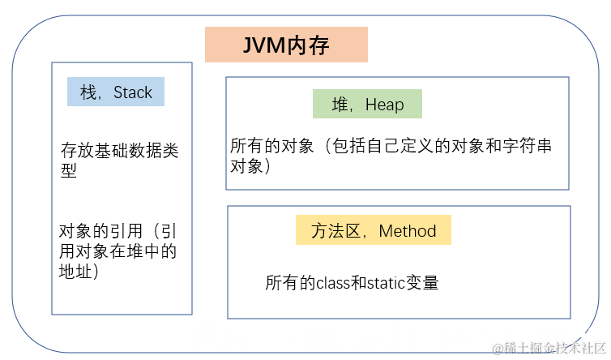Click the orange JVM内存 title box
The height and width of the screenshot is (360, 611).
286,45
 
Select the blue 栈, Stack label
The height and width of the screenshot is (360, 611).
116,92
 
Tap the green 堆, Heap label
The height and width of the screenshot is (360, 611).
367,105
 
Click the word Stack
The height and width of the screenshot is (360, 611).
133,92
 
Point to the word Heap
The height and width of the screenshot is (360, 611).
384,105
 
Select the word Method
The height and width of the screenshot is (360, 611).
408,231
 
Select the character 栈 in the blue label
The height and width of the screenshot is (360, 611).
88,92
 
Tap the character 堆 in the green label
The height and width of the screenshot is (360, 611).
340,105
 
